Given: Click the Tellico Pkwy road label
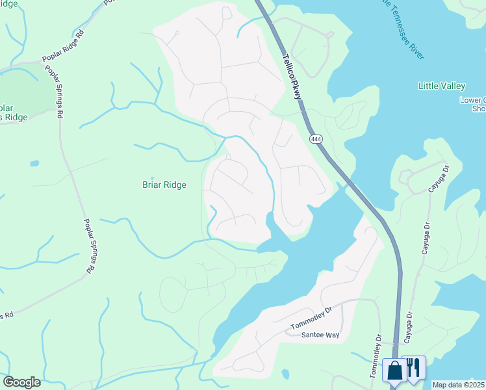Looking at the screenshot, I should (x=292, y=76).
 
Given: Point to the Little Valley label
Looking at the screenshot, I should (x=441, y=86).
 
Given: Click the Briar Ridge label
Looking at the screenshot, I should (x=164, y=185).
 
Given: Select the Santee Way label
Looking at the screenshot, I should (x=321, y=335).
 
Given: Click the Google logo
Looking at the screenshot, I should (x=21, y=382).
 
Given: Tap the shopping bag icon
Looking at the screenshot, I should (x=394, y=370).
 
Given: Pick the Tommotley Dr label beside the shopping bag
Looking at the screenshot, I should (x=377, y=354).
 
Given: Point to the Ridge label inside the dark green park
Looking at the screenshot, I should (x=15, y=117).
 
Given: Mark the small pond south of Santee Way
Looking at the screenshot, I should (x=285, y=374).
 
